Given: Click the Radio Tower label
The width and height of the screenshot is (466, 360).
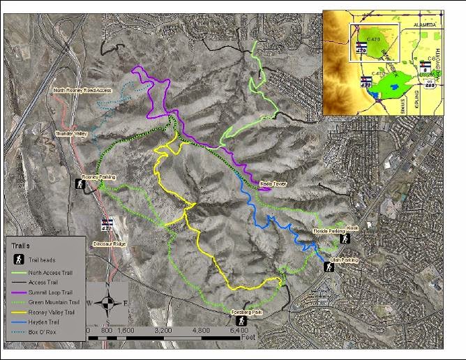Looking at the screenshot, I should [273, 183].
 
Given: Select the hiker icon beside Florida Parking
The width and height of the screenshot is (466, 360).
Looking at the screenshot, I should [345, 239].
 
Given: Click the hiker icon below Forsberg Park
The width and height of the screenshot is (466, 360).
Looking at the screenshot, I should [242, 320].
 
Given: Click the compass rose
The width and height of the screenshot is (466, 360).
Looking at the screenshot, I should [107, 303].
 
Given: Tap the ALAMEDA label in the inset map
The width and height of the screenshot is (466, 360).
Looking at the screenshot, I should [425, 24].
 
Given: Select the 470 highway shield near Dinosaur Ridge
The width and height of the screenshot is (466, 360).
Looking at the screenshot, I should [107, 224].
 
